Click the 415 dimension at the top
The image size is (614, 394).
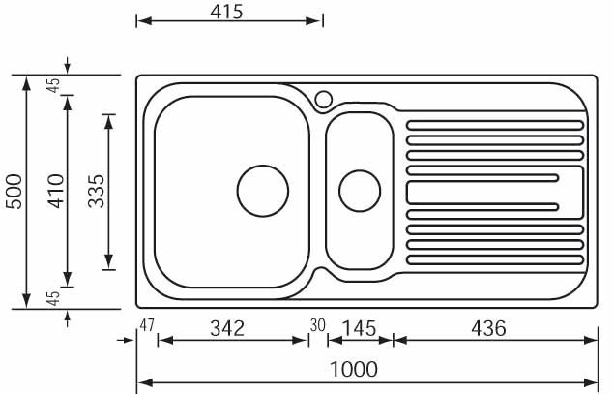pyautogui.click(x=226, y=12)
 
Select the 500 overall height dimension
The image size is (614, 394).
pyautogui.click(x=15, y=192)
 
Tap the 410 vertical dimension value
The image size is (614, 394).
pyautogui.click(x=56, y=192)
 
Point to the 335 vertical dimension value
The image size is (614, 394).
pyautogui.click(x=97, y=192)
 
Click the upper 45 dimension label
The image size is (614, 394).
pyautogui.click(x=53, y=85)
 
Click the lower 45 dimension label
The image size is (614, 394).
pyautogui.click(x=53, y=299)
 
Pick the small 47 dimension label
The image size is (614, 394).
pyautogui.click(x=147, y=325)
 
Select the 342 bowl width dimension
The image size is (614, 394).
pyautogui.click(x=227, y=328)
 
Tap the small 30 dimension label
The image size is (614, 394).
pyautogui.click(x=317, y=325)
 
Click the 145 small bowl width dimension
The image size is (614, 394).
pyautogui.click(x=359, y=328)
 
